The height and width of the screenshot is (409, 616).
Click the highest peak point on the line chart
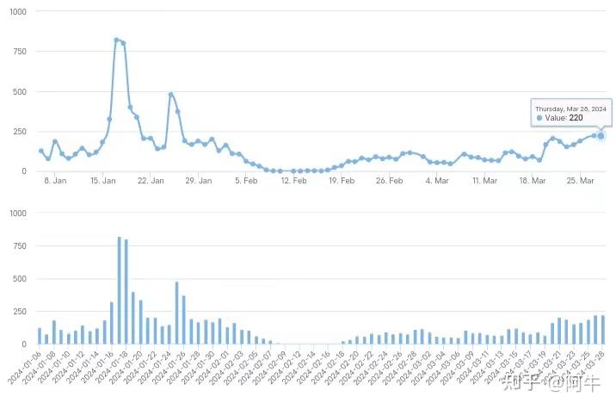[x=116, y=40]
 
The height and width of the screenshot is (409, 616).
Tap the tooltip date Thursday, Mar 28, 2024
[x=570, y=109]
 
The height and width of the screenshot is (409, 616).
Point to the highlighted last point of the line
[x=601, y=135]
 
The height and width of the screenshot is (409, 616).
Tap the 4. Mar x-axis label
[x=437, y=181]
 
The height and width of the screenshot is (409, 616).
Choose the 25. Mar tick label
[x=581, y=181]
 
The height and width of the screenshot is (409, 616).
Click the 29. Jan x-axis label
[x=198, y=181]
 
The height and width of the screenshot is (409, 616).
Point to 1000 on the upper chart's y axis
[x=17, y=11]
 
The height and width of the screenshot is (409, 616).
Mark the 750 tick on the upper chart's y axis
[x=19, y=52]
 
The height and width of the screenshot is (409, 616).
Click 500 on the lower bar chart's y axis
[x=19, y=278]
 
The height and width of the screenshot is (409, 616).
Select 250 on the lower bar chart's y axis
[x=19, y=311]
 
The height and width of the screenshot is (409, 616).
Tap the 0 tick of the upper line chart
[x=24, y=170]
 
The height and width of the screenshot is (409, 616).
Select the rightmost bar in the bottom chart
[x=602, y=330]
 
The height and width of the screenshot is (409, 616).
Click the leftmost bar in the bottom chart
[x=40, y=336]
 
